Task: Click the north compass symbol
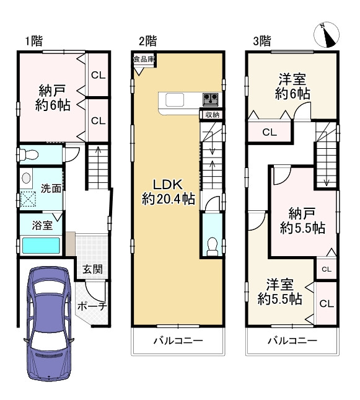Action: pos(327,35)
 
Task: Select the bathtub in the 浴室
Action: pos(41,246)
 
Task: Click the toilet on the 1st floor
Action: pos(29,154)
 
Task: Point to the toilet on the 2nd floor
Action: pos(212,246)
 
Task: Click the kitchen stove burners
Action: pos(211,99)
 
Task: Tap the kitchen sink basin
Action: pos(175,100)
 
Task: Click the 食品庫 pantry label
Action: pos(144,60)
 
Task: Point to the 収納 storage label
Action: pos(212,115)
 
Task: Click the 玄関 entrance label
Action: pos(92,269)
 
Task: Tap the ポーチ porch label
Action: pos(92,306)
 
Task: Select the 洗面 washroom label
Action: pos(51,189)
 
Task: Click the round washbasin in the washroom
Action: pos(26,178)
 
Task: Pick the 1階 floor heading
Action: pos(33,41)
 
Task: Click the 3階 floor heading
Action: pos(262,41)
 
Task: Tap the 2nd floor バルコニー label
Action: pos(178,340)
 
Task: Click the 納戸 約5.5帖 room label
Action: pos(302,221)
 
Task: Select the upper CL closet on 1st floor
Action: pos(98,75)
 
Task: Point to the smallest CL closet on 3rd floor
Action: pos(327,269)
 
